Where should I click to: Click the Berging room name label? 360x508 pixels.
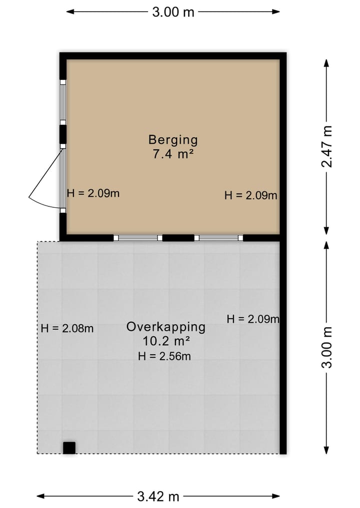click(x=173, y=140)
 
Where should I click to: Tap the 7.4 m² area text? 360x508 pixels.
click(x=173, y=154)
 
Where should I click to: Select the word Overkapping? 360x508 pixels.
click(x=165, y=327)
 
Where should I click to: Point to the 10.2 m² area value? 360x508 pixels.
click(x=165, y=341)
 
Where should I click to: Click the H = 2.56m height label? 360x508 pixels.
click(x=164, y=356)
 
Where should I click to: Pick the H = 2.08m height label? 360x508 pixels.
click(x=67, y=329)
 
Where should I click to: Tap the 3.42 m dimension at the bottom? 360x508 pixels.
click(x=158, y=496)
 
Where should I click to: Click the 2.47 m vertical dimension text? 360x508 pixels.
click(x=327, y=146)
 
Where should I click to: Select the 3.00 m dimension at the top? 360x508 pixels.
click(x=173, y=12)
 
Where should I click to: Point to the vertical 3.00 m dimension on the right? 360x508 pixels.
click(x=327, y=347)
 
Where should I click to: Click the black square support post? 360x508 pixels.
click(x=69, y=448)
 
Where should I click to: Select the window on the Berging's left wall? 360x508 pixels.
click(x=63, y=102)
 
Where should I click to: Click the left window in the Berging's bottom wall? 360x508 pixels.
click(x=138, y=238)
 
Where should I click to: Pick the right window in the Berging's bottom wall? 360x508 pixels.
click(x=218, y=238)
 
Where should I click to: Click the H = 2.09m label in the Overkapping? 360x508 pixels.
click(x=253, y=319)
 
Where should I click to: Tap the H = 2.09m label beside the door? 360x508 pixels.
click(x=93, y=193)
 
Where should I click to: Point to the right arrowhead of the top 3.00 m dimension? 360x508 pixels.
click(x=276, y=11)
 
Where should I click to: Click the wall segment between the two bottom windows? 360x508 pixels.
click(x=178, y=238)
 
